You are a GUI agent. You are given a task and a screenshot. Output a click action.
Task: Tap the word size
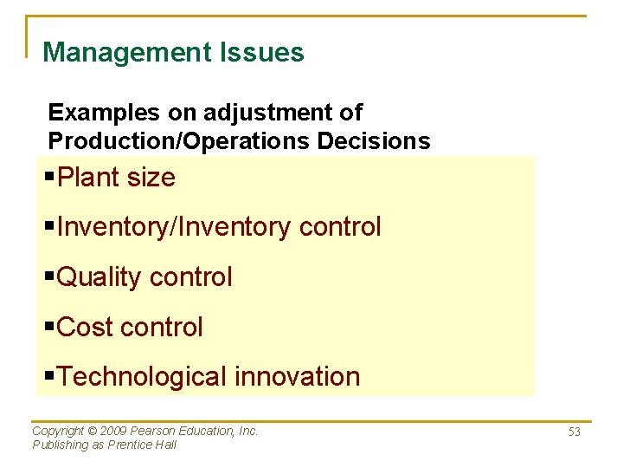point(151,178)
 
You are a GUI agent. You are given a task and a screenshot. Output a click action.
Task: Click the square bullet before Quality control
point(49,277)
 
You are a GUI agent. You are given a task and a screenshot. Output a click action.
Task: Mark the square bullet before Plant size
point(49,178)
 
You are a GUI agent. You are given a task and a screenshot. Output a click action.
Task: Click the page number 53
point(574,432)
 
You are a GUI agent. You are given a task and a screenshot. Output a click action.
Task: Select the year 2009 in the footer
point(116,431)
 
